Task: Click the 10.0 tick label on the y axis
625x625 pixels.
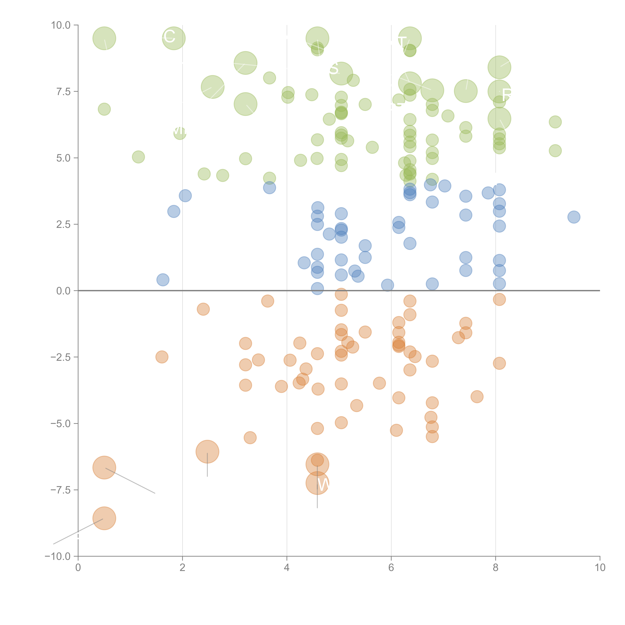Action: (x=61, y=25)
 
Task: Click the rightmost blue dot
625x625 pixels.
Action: (x=574, y=217)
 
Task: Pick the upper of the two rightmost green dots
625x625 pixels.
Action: (x=555, y=122)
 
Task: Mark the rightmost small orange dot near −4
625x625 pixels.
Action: (x=477, y=397)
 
